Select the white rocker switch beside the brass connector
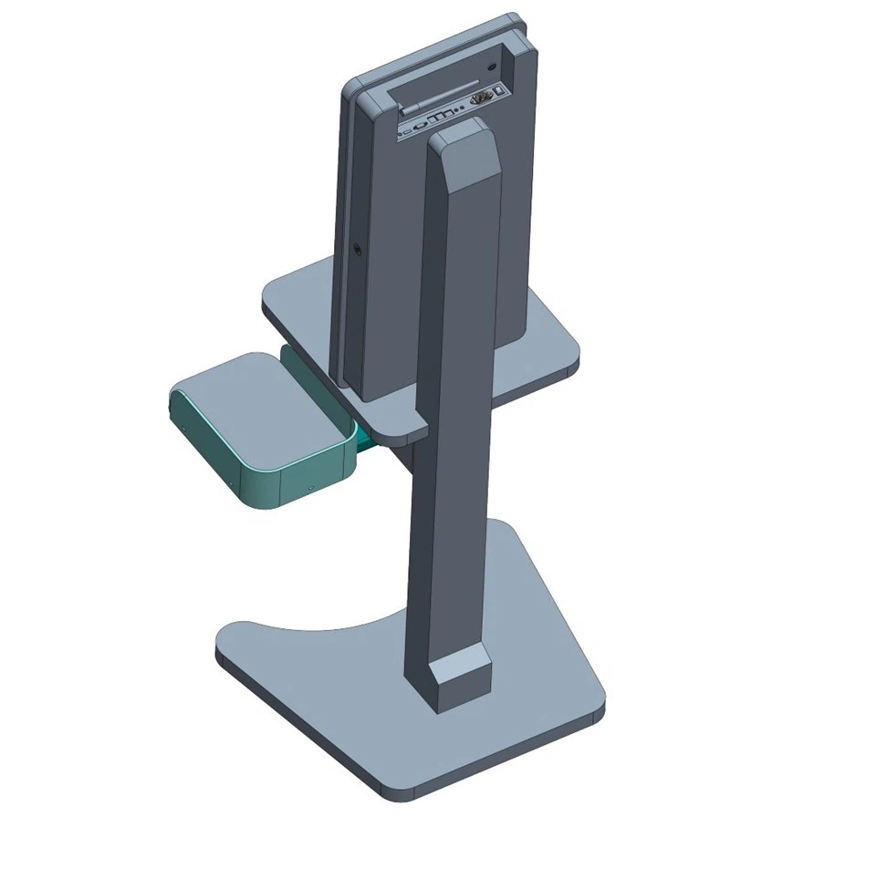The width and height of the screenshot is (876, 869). point(499,92)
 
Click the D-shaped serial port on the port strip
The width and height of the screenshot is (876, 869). point(443,116)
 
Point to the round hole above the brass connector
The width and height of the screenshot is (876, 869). point(493,67)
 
